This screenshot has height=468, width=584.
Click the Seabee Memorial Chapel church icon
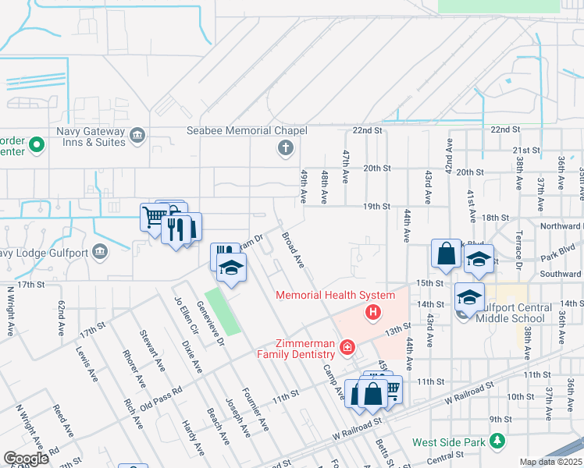pos(286,147)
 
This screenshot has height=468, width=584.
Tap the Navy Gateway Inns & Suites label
pos(90,136)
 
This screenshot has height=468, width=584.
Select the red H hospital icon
pos(373,313)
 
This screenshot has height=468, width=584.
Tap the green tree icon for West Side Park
pos(497,442)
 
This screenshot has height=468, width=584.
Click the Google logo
pos(26,459)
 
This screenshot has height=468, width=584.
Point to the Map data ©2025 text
pos(550,462)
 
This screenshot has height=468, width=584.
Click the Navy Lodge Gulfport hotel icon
pos(99,251)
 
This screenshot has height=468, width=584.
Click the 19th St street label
pos(376,207)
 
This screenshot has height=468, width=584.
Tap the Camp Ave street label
pos(333,381)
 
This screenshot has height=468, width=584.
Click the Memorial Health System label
pos(334,295)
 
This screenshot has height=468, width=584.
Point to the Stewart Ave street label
pos(152,349)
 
